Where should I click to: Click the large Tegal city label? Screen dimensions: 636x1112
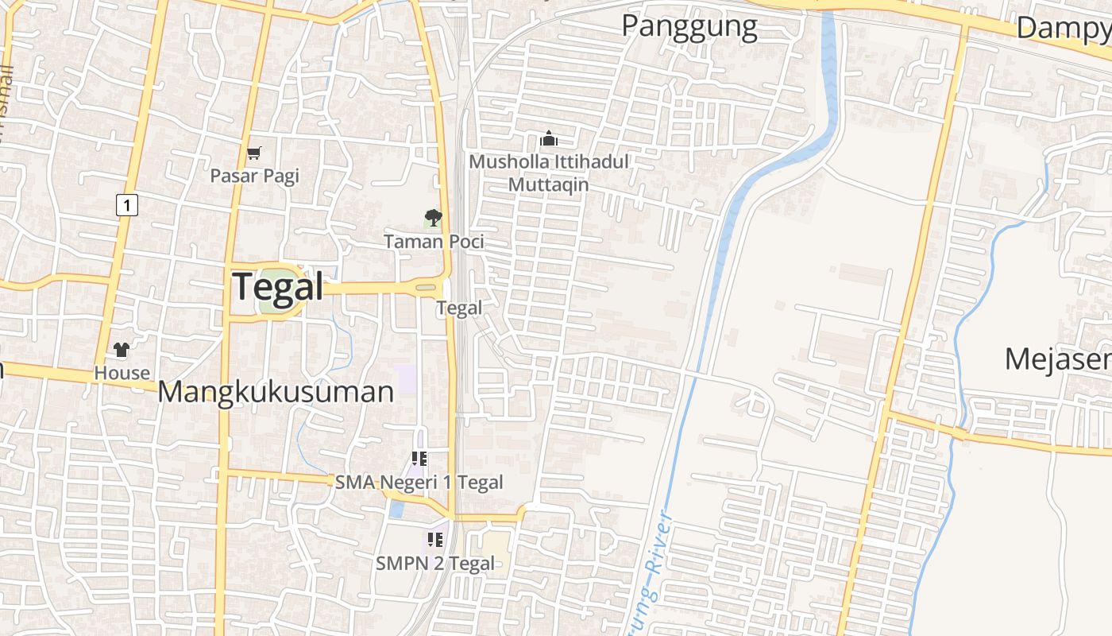pyautogui.click(x=278, y=287)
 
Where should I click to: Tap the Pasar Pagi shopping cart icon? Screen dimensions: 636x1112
pyautogui.click(x=254, y=153)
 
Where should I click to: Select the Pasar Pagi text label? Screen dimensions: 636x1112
pyautogui.click(x=254, y=176)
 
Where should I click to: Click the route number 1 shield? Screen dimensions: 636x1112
pyautogui.click(x=126, y=204)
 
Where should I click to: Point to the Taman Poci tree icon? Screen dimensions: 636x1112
pyautogui.click(x=433, y=217)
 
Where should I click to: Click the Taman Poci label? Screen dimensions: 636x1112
pyautogui.click(x=434, y=241)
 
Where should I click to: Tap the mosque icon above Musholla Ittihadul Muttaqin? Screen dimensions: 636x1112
pyautogui.click(x=548, y=139)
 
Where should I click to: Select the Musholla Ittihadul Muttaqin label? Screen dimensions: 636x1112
pyautogui.click(x=548, y=173)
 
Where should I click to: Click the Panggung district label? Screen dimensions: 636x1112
pyautogui.click(x=689, y=26)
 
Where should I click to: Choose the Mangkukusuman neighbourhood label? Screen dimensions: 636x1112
pyautogui.click(x=276, y=392)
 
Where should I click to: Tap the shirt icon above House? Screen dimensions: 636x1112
pyautogui.click(x=121, y=349)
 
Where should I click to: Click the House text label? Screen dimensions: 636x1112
pyautogui.click(x=122, y=372)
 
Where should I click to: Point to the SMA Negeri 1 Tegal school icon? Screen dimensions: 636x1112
pyautogui.click(x=419, y=459)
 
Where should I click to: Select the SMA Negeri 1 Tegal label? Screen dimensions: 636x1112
pyautogui.click(x=419, y=482)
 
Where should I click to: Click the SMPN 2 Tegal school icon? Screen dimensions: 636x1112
pyautogui.click(x=434, y=540)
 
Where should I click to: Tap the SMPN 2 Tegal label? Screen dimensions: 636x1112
pyautogui.click(x=434, y=564)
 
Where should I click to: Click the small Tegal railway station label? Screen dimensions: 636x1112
pyautogui.click(x=459, y=308)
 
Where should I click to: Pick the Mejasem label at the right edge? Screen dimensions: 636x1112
pyautogui.click(x=1057, y=359)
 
